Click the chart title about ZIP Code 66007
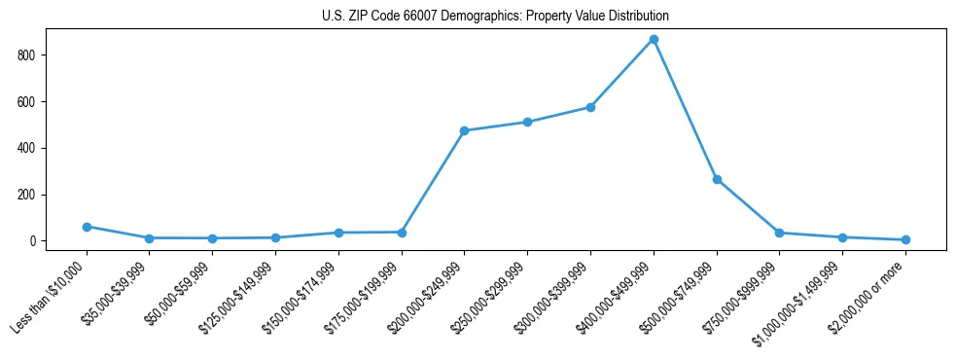pos(495,17)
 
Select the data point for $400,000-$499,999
pos(654,40)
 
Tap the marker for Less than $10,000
pos(87,227)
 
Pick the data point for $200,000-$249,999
pos(464,130)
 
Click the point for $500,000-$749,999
pos(717,180)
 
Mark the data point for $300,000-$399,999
pos(590,107)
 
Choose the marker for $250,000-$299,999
pos(527,123)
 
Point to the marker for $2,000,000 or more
pos(905,239)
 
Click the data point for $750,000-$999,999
pos(779,233)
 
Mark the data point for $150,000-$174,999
pos(338,233)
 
